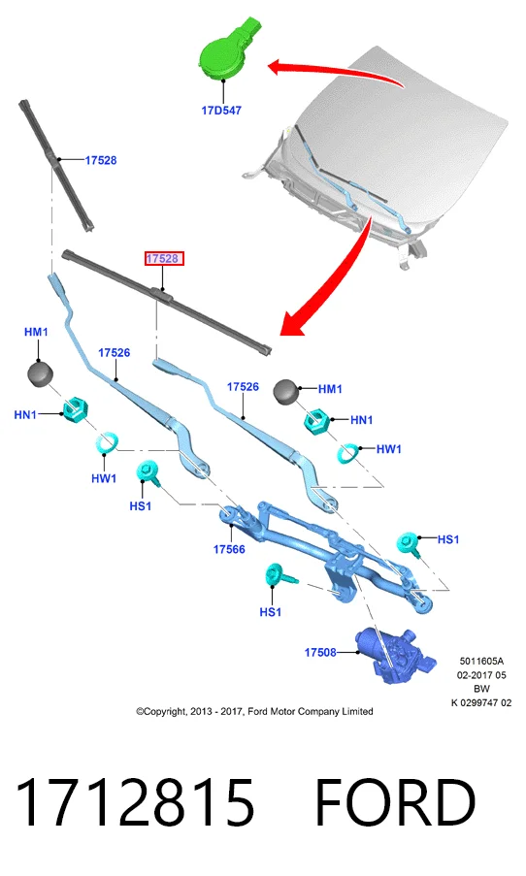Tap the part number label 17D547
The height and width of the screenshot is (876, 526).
click(221, 110)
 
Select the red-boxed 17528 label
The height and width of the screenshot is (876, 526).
click(163, 259)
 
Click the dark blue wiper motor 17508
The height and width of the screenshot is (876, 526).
click(394, 654)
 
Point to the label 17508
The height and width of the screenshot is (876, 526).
click(320, 652)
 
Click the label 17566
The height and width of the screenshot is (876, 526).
click(229, 549)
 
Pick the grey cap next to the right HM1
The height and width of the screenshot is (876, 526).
click(286, 391)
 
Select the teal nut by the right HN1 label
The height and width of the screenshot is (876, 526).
click(318, 421)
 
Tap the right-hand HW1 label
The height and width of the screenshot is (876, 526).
click(388, 448)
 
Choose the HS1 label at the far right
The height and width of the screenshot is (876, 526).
click(447, 539)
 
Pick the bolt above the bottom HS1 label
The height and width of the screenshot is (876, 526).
click(279, 575)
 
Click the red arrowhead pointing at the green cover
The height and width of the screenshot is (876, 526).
click(278, 68)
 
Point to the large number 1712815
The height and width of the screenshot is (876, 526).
click(135, 802)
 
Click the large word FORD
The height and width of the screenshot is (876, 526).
click(395, 802)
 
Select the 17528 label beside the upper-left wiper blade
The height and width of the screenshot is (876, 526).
click(101, 160)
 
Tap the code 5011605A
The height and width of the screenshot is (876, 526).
click(481, 662)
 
